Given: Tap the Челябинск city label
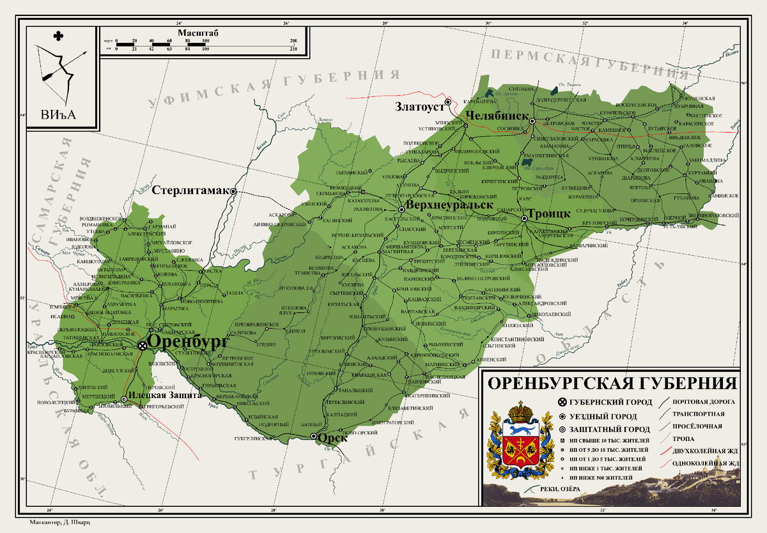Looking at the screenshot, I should pyautogui.click(x=497, y=116).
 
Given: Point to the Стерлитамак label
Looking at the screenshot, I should pyautogui.click(x=191, y=190).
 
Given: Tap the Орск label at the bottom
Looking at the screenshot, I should pyautogui.click(x=333, y=438).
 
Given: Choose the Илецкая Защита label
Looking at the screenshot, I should pyautogui.click(x=165, y=395).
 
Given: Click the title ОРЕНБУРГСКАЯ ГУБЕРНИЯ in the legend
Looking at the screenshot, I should pyautogui.click(x=612, y=384).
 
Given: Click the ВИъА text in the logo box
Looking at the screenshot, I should pyautogui.click(x=58, y=114).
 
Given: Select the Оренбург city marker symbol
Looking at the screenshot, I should pyautogui.click(x=142, y=345).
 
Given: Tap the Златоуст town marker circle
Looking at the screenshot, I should pyautogui.click(x=448, y=102).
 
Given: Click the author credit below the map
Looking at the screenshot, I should pyautogui.click(x=61, y=521).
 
